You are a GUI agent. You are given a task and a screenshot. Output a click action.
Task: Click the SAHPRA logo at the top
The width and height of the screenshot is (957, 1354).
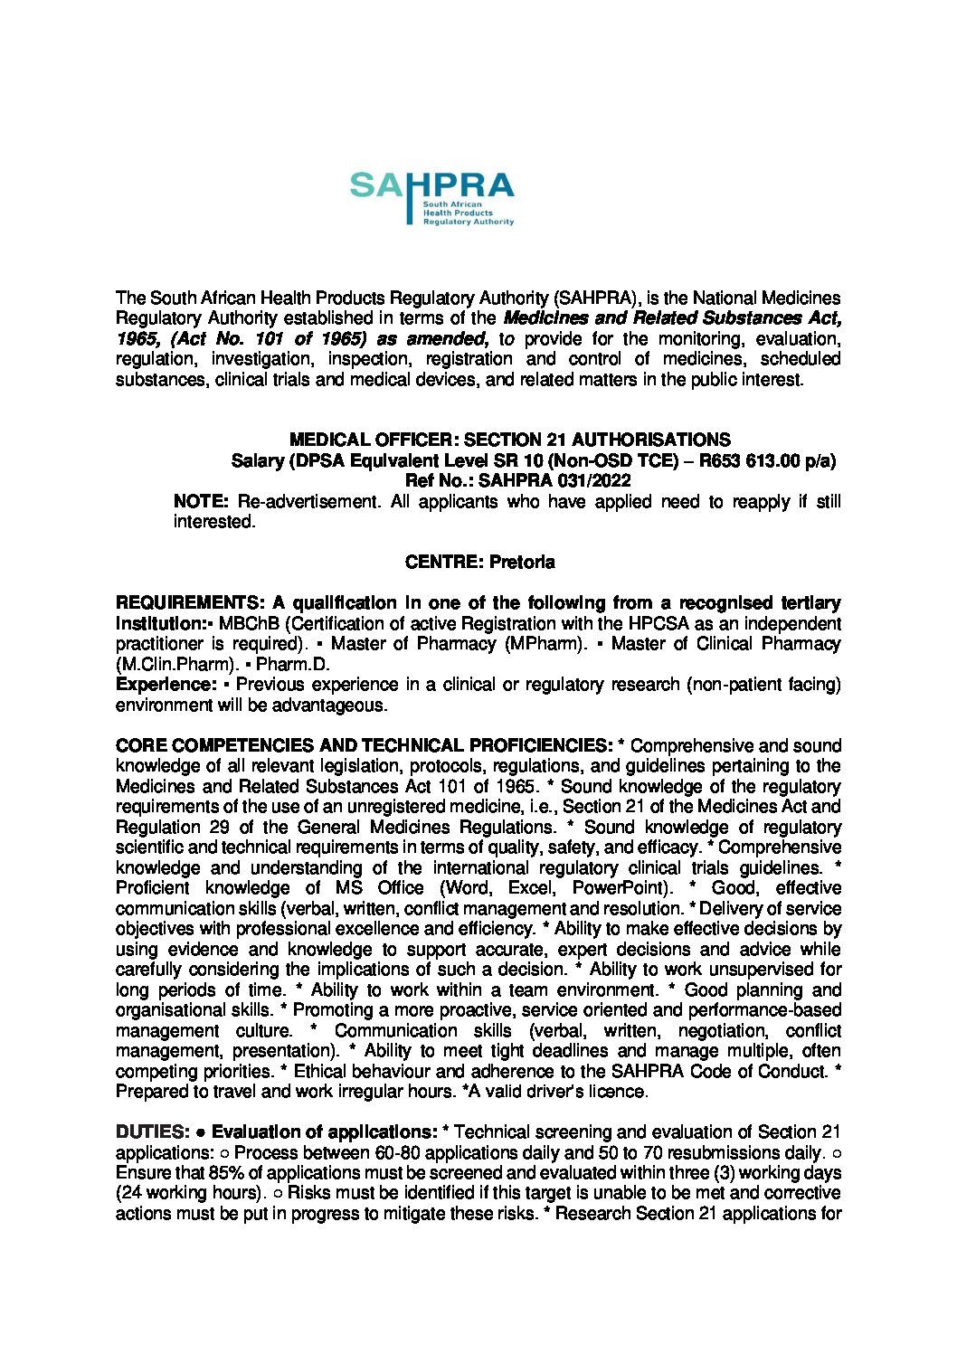click(431, 197)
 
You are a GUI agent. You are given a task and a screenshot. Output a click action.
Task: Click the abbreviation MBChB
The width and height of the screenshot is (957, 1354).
click(243, 624)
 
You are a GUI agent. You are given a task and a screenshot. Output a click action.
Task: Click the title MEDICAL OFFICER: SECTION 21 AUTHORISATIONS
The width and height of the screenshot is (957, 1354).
click(509, 440)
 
